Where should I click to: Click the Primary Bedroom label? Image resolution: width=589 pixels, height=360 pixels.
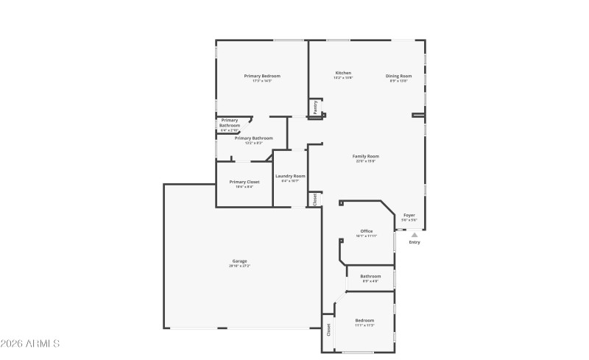click(262, 76)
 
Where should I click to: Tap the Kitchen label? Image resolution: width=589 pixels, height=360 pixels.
click(343, 73)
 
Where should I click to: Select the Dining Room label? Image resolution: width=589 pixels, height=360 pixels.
click(398, 76)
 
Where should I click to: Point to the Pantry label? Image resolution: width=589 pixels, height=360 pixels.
click(315, 107)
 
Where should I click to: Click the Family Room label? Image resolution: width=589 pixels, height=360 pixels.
click(366, 156)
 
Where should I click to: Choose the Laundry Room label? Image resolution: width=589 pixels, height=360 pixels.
click(290, 176)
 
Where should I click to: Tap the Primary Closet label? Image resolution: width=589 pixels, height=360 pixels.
click(244, 182)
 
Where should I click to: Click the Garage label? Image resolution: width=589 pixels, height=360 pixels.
click(240, 261)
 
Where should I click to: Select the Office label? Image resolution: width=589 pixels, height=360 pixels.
click(366, 231)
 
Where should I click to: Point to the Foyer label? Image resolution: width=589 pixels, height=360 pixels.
click(409, 215)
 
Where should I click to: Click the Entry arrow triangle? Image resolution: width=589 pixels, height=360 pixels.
click(414, 234)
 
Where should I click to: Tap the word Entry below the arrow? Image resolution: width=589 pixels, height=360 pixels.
click(415, 242)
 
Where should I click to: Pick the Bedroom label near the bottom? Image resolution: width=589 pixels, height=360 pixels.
click(365, 320)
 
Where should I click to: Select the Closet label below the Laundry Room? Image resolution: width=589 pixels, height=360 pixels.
click(314, 199)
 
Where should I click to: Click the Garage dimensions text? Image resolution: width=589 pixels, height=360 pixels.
click(240, 266)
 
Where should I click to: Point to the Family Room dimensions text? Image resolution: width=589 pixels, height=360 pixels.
click(366, 161)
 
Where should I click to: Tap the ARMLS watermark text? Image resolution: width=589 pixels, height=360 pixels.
click(31, 344)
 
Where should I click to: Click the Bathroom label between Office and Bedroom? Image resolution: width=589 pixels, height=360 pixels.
click(370, 276)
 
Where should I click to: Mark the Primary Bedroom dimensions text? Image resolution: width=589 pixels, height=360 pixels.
click(262, 81)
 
